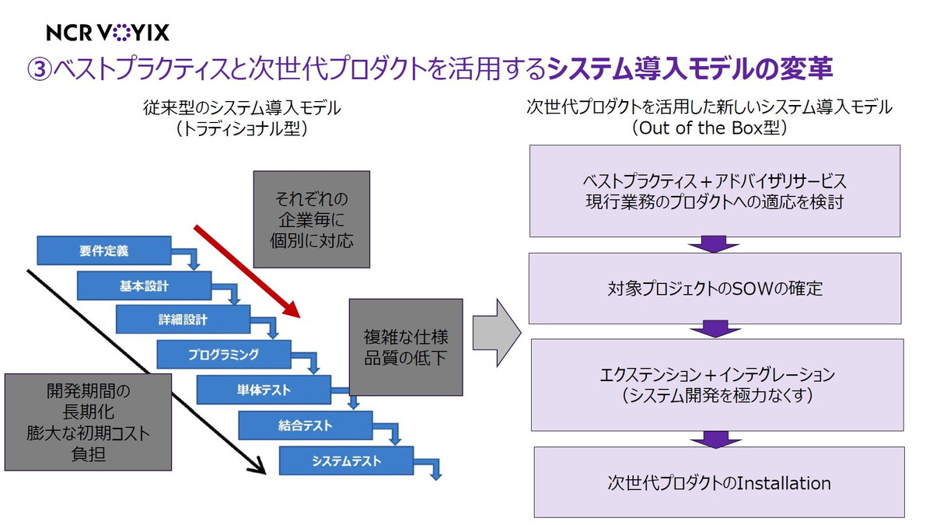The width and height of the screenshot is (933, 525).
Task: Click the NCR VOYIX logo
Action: (107, 32)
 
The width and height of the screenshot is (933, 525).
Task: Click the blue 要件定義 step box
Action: (103, 251)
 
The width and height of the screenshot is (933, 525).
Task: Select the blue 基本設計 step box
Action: (144, 285)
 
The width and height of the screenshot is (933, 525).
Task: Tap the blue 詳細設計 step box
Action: (183, 319)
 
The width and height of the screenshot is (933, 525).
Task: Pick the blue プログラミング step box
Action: (223, 354)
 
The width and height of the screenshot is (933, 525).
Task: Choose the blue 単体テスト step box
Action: (264, 390)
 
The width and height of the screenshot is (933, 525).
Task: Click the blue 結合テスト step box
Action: (305, 425)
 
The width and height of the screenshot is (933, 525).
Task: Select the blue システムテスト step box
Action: (346, 460)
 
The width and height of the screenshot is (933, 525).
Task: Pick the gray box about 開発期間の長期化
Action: (87, 421)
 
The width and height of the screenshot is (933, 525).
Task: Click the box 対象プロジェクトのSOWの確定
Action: (715, 289)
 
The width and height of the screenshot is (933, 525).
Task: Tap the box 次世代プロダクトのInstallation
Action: (718, 482)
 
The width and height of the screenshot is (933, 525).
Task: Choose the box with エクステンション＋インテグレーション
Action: (717, 384)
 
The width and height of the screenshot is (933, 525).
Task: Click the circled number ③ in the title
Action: (40, 68)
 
